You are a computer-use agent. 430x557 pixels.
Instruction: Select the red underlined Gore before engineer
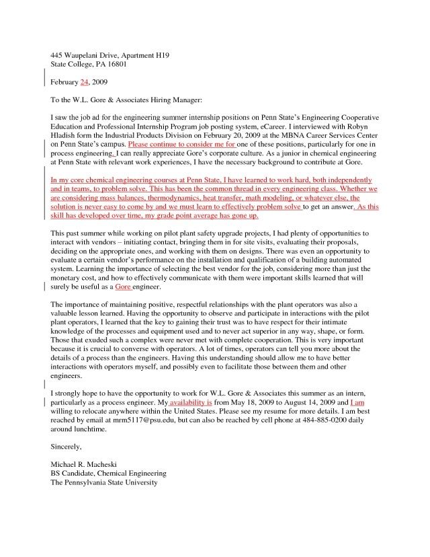click(123, 287)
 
